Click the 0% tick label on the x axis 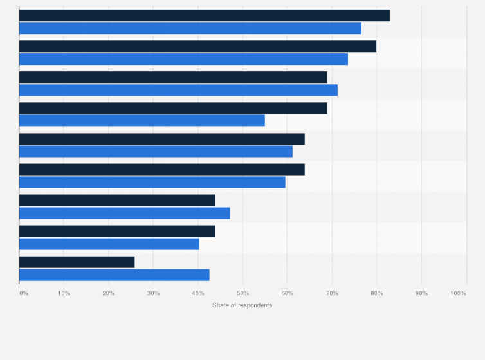click(x=24, y=293)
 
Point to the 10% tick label click(x=64, y=293)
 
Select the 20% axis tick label click(x=109, y=293)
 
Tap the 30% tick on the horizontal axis click(x=153, y=293)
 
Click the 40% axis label click(x=198, y=293)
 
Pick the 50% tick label click(x=243, y=293)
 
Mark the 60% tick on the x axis click(x=288, y=293)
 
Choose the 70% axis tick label click(x=332, y=293)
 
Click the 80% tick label click(x=377, y=293)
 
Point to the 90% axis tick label click(x=421, y=293)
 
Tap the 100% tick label click(x=458, y=293)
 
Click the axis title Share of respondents click(x=242, y=305)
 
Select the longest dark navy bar click(x=204, y=15)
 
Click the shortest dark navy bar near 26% click(x=77, y=262)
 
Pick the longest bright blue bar click(x=190, y=28)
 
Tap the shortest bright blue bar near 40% click(x=109, y=244)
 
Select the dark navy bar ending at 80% click(x=197, y=46)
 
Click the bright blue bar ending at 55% click(x=142, y=120)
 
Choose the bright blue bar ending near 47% click(x=124, y=213)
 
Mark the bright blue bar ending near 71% click(x=178, y=90)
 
